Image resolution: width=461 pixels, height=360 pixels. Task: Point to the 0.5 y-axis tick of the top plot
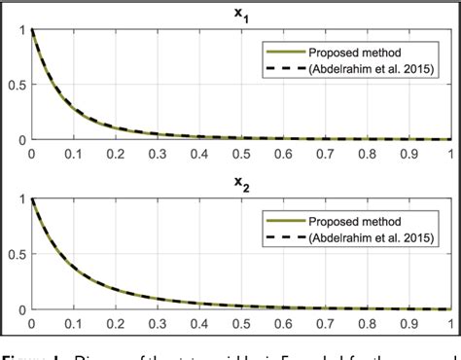click(16, 85)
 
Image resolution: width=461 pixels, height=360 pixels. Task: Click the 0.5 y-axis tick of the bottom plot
click(16, 255)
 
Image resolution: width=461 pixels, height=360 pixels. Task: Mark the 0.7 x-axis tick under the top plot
click(327, 154)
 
